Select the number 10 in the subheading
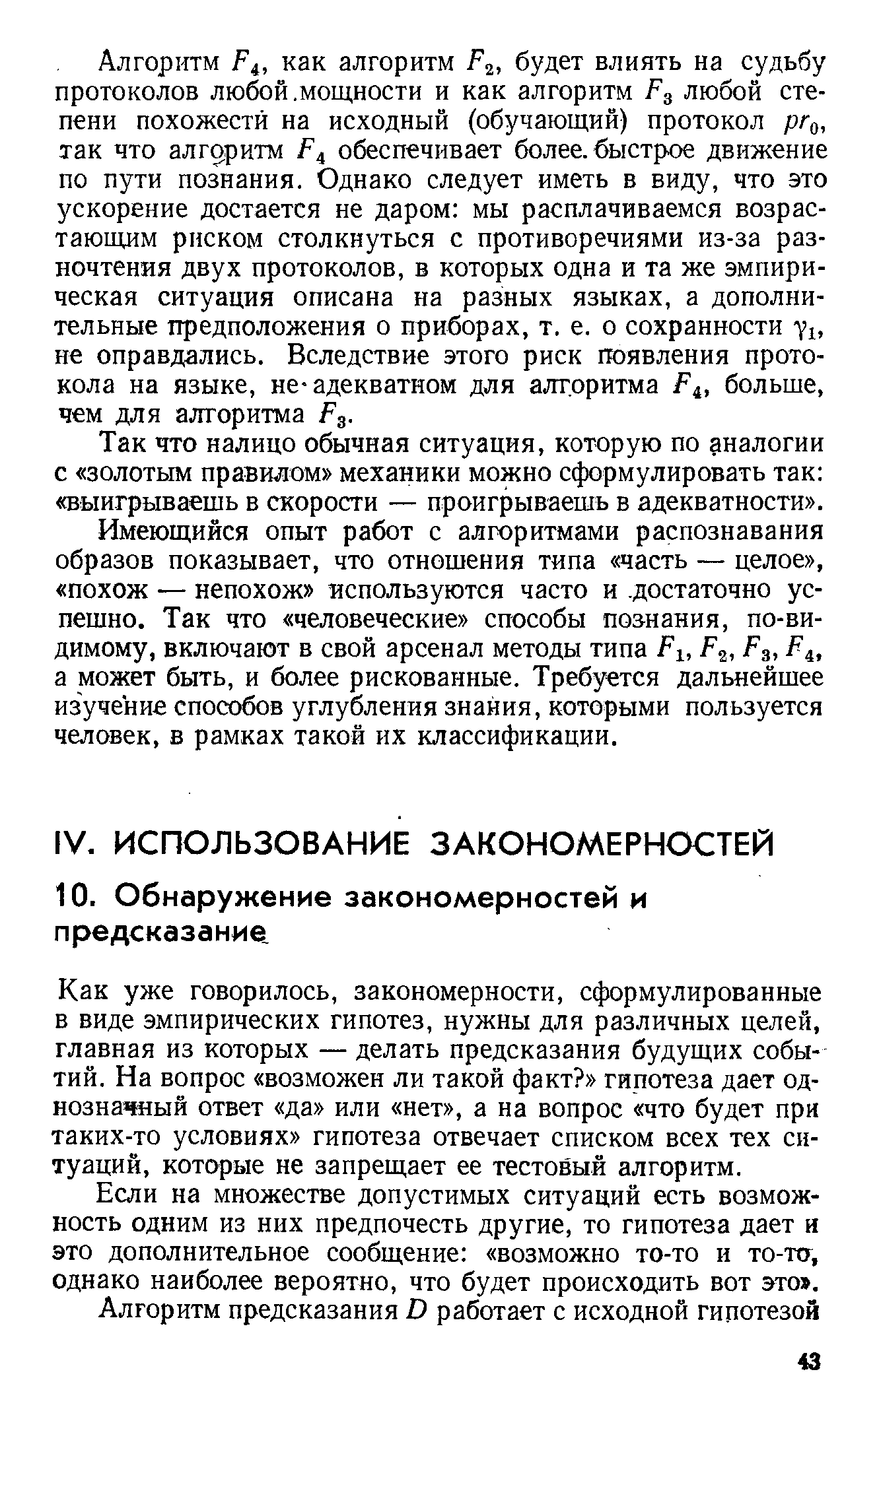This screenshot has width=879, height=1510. point(70,899)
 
